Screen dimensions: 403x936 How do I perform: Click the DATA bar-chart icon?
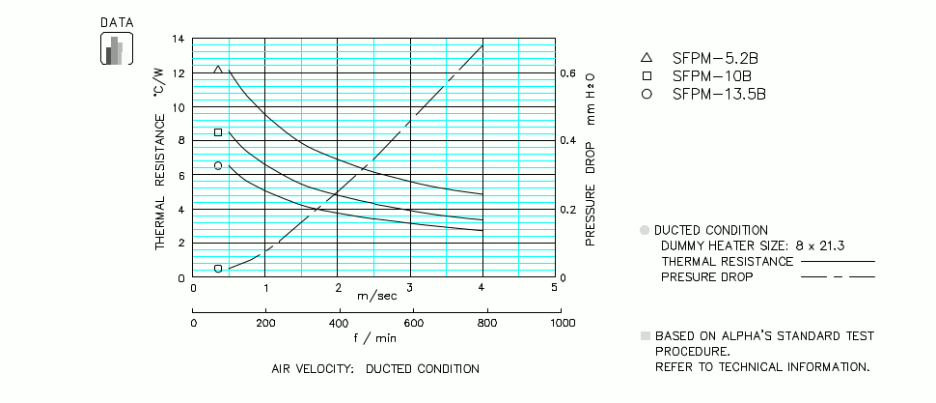pyautogui.click(x=116, y=48)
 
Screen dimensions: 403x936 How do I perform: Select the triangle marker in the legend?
pyautogui.click(x=647, y=57)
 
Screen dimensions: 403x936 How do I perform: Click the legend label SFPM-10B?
pyautogui.click(x=712, y=75)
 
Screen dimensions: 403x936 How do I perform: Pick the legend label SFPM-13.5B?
pyautogui.click(x=719, y=94)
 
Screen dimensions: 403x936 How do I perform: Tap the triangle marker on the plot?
pyautogui.click(x=218, y=70)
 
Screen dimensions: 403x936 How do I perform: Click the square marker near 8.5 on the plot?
pyautogui.click(x=218, y=132)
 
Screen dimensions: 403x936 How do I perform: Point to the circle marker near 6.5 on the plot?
pyautogui.click(x=218, y=165)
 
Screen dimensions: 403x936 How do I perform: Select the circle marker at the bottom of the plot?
pyautogui.click(x=218, y=268)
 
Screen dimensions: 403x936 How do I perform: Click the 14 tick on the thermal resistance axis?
pyautogui.click(x=178, y=40)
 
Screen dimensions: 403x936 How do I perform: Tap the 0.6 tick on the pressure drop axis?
pyautogui.click(x=569, y=73)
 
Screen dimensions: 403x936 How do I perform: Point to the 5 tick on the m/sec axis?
pyautogui.click(x=555, y=288)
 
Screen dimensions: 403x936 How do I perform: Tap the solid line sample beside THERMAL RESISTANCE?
pyautogui.click(x=838, y=261)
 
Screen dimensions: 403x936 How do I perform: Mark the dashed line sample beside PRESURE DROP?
pyautogui.click(x=838, y=276)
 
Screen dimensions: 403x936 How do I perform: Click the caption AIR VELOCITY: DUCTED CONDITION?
pyautogui.click(x=375, y=369)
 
